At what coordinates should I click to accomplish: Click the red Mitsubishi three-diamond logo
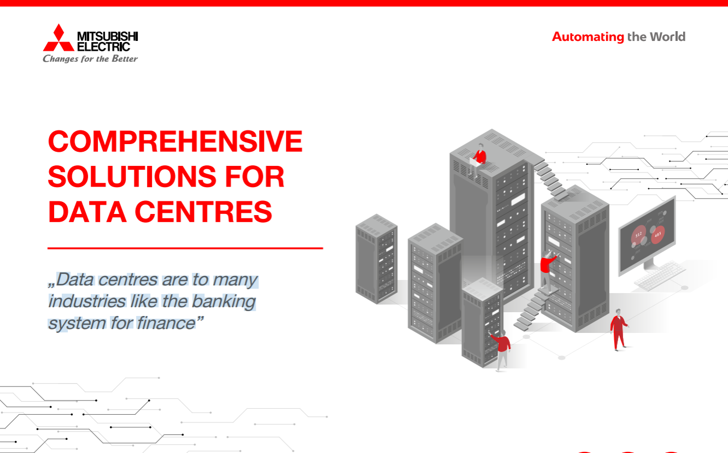[x=58, y=38]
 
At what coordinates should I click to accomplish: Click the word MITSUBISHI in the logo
[x=107, y=37]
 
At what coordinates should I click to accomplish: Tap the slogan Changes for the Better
[x=90, y=59]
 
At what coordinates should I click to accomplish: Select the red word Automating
[x=588, y=37]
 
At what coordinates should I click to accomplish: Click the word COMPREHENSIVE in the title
[x=175, y=142]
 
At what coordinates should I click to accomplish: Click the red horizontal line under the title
[x=185, y=248]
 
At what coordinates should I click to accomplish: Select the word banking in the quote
[x=224, y=301]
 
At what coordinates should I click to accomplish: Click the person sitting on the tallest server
[x=479, y=159]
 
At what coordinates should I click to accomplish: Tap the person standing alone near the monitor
[x=619, y=329]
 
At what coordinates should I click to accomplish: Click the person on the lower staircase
[x=547, y=271]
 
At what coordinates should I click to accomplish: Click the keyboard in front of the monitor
[x=661, y=276]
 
